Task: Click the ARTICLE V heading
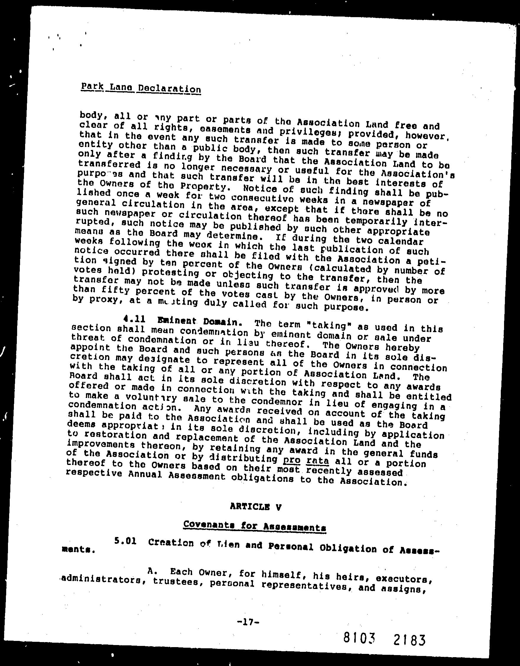(x=256, y=507)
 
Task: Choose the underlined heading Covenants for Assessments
(x=254, y=525)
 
